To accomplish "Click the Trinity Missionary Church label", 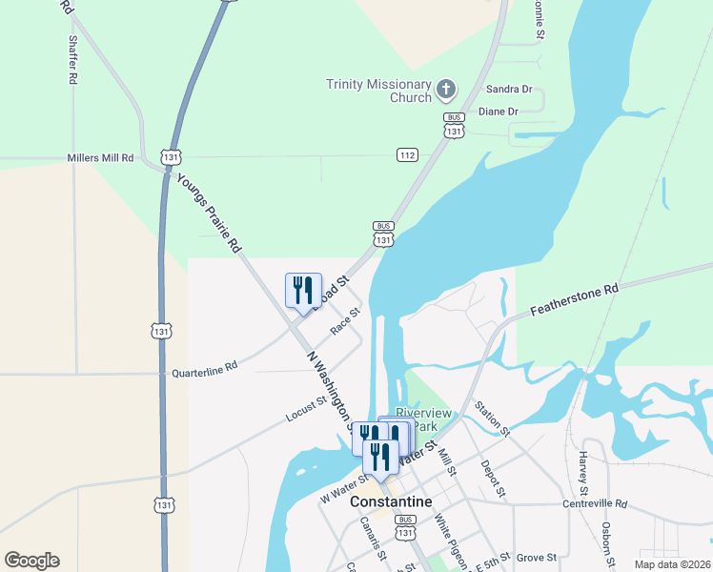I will click(x=378, y=91).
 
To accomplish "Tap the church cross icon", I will click(x=445, y=91).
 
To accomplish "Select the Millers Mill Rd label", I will click(x=100, y=157).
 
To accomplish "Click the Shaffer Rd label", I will click(x=72, y=61).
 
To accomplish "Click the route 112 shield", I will click(x=407, y=154).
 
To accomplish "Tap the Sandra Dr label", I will click(x=508, y=89).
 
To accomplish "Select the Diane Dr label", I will click(x=498, y=112).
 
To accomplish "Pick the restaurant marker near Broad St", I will click(x=303, y=290).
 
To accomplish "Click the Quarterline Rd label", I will click(x=204, y=369).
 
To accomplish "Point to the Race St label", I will click(x=345, y=321).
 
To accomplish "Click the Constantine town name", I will click(x=391, y=501).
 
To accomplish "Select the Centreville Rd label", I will click(x=596, y=503).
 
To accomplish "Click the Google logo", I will click(x=31, y=561).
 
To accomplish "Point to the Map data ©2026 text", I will click(x=671, y=564).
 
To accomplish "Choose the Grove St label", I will click(x=537, y=557).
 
